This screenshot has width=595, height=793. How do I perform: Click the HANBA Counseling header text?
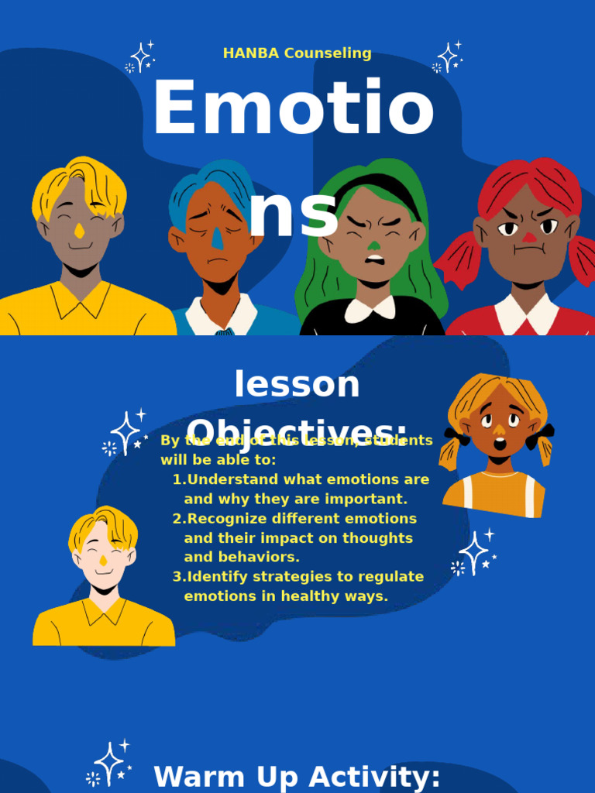(297, 53)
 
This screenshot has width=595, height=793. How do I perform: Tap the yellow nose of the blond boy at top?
(79, 230)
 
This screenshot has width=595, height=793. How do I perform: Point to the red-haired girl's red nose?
(529, 237)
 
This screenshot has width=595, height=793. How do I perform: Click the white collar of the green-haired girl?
(370, 309)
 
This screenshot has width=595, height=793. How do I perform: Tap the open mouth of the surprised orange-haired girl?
(500, 444)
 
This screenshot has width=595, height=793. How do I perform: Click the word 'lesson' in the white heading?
(297, 384)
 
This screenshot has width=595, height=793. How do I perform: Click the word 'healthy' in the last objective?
(310, 596)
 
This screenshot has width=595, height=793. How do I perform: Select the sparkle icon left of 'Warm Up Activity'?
(110, 764)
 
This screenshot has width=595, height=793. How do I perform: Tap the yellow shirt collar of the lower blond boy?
(104, 609)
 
